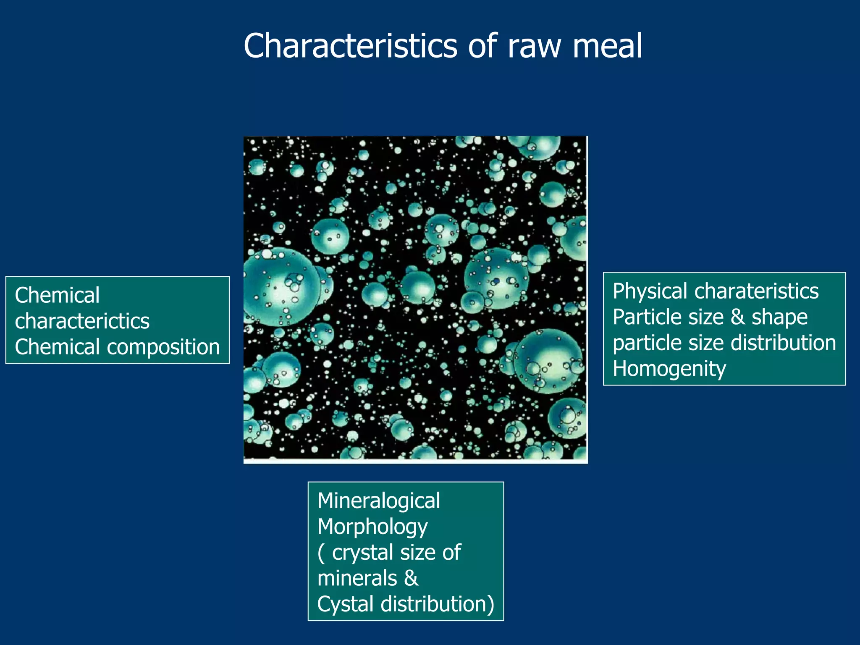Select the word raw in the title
point(534,47)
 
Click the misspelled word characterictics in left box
point(82,322)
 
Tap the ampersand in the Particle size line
point(738,317)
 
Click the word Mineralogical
point(379,501)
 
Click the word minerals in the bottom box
point(357,578)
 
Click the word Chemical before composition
point(58,348)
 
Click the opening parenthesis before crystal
point(321,553)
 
